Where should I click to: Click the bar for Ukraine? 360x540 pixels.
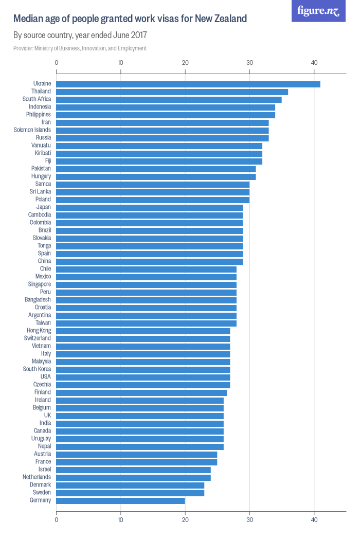[x=188, y=84]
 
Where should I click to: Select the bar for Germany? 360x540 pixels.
[x=120, y=500]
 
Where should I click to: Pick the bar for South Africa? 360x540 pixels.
[x=169, y=99]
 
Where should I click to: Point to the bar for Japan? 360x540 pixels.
[x=149, y=207]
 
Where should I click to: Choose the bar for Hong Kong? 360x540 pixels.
[x=143, y=331]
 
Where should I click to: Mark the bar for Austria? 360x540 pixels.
[x=136, y=454]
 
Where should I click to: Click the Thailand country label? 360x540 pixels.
[x=41, y=92]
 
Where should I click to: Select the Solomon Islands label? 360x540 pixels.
[x=32, y=130]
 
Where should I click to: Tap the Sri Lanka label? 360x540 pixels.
[x=40, y=192]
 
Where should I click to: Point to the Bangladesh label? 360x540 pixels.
[x=38, y=300]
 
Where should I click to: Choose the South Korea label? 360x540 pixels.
[x=37, y=369]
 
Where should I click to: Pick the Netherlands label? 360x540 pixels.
[x=37, y=477]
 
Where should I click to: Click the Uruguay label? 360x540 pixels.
[x=41, y=439]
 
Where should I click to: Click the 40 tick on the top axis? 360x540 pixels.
[x=314, y=63]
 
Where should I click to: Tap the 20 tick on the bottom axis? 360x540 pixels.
[x=185, y=520]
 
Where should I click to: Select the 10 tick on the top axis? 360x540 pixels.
[x=121, y=63]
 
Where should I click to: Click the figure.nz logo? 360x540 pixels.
[x=318, y=11]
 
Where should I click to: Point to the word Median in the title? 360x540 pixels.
[x=29, y=19]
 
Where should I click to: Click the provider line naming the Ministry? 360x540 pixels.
[x=80, y=48]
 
